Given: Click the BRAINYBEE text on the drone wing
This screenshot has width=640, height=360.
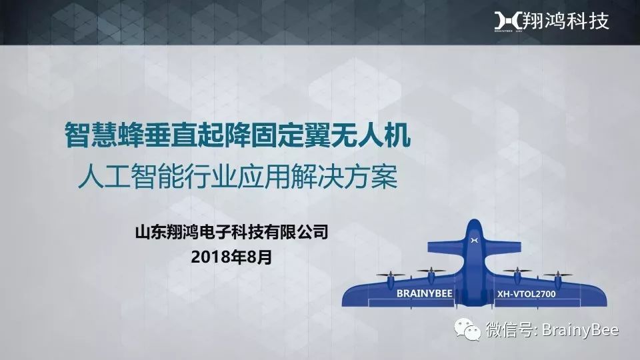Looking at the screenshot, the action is [x=425, y=293].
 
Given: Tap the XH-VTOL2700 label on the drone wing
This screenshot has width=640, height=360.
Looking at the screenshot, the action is [x=526, y=293].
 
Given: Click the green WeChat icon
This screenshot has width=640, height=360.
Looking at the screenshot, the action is [x=468, y=329].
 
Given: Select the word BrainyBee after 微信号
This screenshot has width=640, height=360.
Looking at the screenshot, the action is [x=580, y=330].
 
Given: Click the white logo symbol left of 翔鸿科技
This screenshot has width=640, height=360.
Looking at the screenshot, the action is [x=507, y=21].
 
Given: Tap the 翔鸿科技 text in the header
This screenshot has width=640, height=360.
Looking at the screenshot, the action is [x=566, y=21].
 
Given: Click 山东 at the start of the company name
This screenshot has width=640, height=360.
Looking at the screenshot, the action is [x=149, y=232].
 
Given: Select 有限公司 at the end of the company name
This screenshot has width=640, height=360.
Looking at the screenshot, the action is [x=302, y=232].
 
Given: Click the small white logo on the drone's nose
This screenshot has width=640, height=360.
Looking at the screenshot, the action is [x=474, y=240].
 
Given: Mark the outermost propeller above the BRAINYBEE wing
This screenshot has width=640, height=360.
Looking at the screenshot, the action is [x=391, y=275].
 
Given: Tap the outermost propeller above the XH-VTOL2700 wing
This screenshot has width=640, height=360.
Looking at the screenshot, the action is [x=557, y=275].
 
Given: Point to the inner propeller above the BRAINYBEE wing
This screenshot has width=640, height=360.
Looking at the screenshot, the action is [x=431, y=270].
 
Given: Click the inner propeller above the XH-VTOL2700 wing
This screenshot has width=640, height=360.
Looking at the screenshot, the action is [x=517, y=270].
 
